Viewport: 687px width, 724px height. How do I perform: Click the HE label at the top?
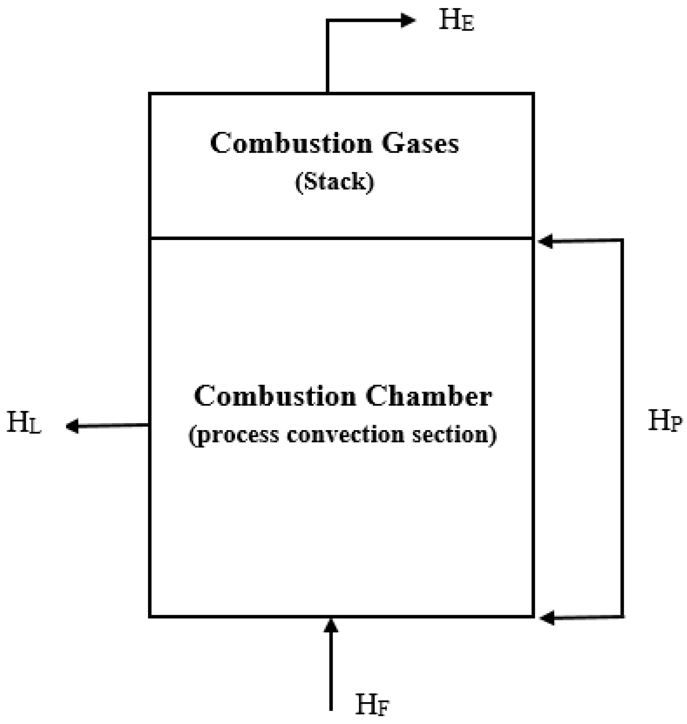[x=456, y=20]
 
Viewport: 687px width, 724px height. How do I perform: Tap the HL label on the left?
[x=24, y=423]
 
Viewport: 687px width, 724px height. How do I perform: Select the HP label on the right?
[x=665, y=421]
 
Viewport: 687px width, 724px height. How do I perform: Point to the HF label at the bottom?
[x=372, y=705]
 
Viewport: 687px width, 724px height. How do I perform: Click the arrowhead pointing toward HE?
[x=408, y=20]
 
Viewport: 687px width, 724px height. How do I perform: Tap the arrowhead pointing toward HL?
[x=73, y=426]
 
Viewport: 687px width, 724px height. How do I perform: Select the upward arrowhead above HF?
[x=331, y=626]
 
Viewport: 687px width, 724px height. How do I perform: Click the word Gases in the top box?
[x=420, y=143]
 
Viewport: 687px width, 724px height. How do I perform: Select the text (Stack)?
[x=335, y=181]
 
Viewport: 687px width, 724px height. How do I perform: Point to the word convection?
[x=345, y=434]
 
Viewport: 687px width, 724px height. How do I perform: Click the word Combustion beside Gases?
[x=291, y=143]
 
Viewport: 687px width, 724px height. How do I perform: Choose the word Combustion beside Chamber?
[x=275, y=396]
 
